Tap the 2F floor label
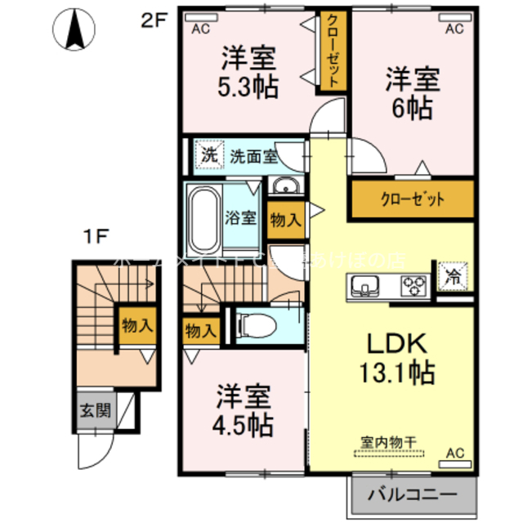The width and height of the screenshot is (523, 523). pos(154,22)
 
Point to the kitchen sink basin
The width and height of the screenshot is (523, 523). pos(364,286)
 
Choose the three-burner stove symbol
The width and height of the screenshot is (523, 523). pos(413,285)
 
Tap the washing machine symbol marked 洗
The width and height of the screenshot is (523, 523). pos(209,154)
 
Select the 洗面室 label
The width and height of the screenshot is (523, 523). pos(252,155)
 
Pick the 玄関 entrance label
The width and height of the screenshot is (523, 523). pos(96,410)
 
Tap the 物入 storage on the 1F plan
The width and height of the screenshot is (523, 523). pos(136,324)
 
